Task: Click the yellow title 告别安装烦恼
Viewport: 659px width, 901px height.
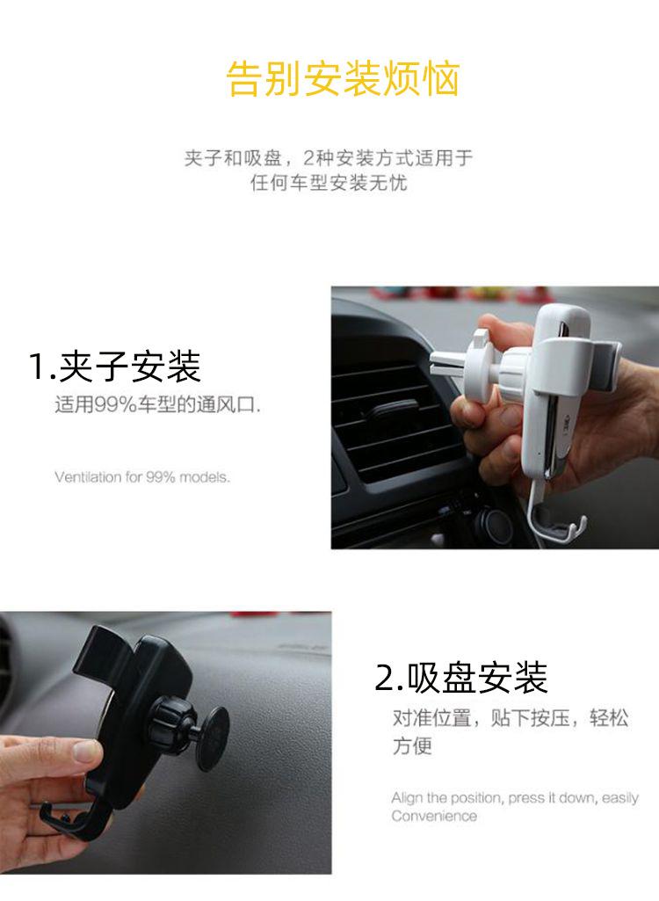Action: point(343,79)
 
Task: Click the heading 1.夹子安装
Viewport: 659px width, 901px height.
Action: point(115,366)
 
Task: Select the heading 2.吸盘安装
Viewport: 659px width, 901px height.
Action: point(461,678)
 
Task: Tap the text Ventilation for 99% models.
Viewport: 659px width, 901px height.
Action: point(141,477)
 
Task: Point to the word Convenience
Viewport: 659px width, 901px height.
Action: point(434,816)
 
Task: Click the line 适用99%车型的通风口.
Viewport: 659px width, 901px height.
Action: point(157,406)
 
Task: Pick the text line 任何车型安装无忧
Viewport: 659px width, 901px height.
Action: point(329,185)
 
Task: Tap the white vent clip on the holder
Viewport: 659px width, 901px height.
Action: point(457,359)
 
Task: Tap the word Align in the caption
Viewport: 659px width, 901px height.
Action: point(408,798)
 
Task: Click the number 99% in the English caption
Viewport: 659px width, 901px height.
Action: point(160,477)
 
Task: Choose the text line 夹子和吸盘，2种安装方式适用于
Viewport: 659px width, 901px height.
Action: point(329,158)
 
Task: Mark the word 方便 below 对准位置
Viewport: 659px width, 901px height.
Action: point(412,746)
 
